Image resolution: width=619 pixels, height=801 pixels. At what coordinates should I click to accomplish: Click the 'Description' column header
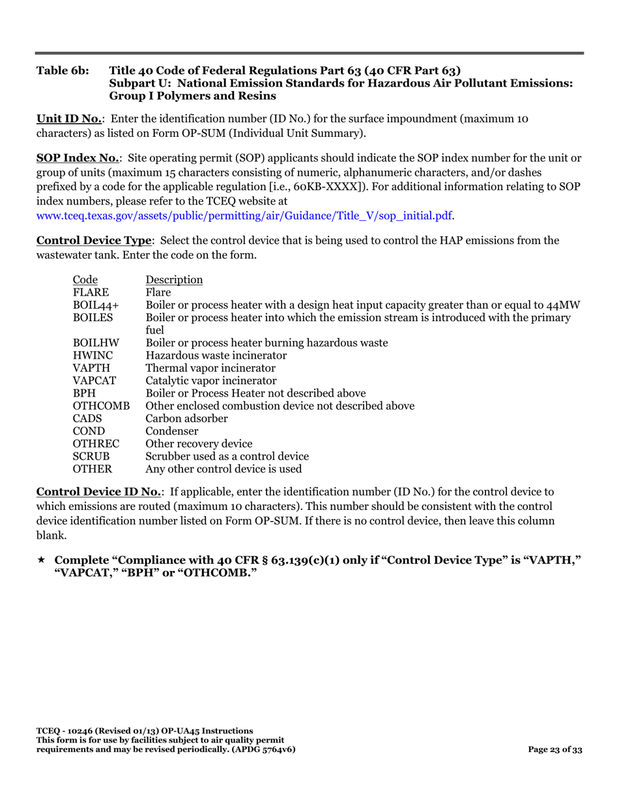click(x=174, y=279)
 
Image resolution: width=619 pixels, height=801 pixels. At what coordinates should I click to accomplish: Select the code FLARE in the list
click(x=90, y=292)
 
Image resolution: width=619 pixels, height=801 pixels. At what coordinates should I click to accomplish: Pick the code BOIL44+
click(x=91, y=305)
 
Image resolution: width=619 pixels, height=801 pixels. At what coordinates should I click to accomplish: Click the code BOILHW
click(x=94, y=343)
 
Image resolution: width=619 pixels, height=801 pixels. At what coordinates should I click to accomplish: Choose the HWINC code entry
click(x=91, y=356)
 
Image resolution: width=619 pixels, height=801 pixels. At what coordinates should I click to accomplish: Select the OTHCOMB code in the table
click(x=101, y=406)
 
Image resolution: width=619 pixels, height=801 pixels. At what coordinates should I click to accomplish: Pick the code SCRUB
click(x=90, y=456)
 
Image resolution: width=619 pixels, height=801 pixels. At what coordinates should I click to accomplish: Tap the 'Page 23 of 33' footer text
click(x=555, y=750)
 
